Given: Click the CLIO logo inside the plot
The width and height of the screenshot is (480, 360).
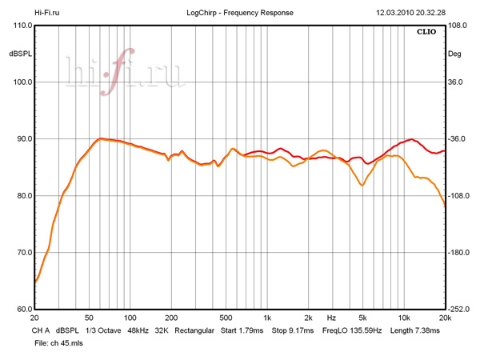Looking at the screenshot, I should point(426,34).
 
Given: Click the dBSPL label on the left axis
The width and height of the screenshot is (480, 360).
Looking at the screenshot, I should point(19,54).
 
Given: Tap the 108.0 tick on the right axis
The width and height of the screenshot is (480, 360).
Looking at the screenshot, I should point(458,26).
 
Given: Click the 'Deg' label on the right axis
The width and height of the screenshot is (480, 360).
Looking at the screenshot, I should point(454,54).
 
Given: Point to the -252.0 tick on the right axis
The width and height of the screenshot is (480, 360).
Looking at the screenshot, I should point(460,310).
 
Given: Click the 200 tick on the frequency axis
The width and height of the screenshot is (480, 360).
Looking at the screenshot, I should point(170,318).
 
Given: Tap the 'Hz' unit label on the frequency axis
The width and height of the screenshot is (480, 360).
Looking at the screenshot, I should point(331,318).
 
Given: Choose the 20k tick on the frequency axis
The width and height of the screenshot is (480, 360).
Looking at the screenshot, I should point(444,318).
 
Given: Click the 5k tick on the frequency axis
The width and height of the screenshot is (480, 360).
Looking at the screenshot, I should point(362,318).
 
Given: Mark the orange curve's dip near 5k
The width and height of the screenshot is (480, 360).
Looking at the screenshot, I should point(362,186).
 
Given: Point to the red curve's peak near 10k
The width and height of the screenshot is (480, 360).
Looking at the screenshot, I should point(410,139).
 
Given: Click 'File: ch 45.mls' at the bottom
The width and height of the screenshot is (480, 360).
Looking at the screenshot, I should point(59,342).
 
